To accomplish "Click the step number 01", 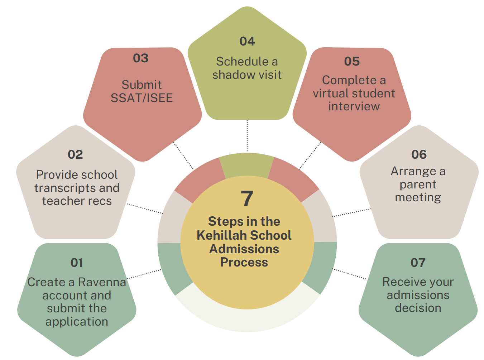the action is pos(77,263).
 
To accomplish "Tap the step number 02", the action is pos(75,154).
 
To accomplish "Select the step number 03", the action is pos(141,58).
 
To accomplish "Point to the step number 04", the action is pos(247,41).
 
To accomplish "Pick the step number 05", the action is pos(352,61).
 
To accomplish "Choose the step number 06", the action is pos(419,154).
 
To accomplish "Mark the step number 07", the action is pos(418,263).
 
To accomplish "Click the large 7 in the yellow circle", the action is pos(247,198).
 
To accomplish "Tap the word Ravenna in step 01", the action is pos(102,282).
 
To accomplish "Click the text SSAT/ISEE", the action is pos(142,98).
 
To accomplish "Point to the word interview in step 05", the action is pos(354,106).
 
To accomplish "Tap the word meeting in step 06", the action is pos(418,198).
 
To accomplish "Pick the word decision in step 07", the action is pos(418,308).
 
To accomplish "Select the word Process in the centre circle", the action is pos(244,262).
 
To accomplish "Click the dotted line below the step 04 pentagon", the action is pos(247,135).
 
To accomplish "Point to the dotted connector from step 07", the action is pos(349,274).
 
